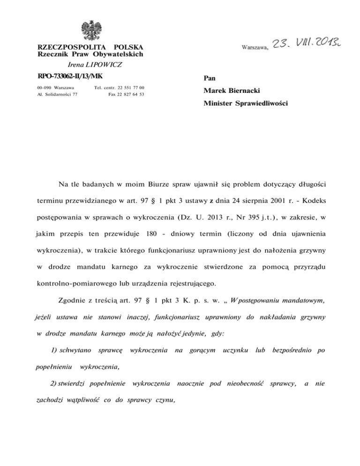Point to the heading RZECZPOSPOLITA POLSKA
[90, 48]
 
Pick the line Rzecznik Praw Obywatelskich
[90, 55]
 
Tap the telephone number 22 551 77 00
[128, 88]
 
